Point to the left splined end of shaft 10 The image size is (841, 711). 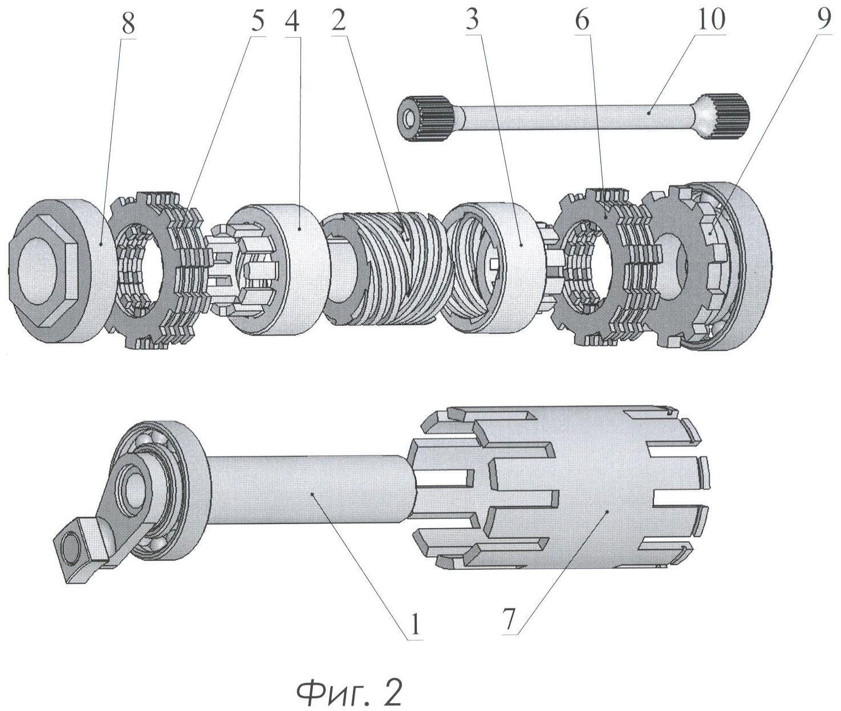[x=425, y=118]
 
